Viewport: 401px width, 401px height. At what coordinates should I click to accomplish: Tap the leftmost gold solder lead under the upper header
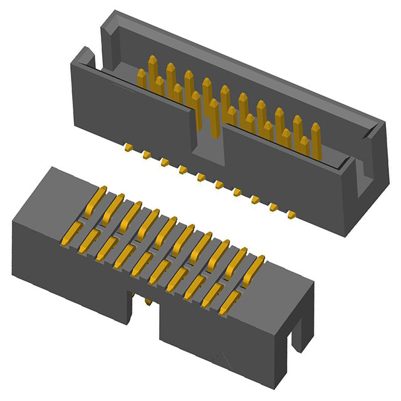click(127, 147)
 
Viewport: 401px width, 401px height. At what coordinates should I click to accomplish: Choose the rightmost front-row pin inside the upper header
click(304, 148)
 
